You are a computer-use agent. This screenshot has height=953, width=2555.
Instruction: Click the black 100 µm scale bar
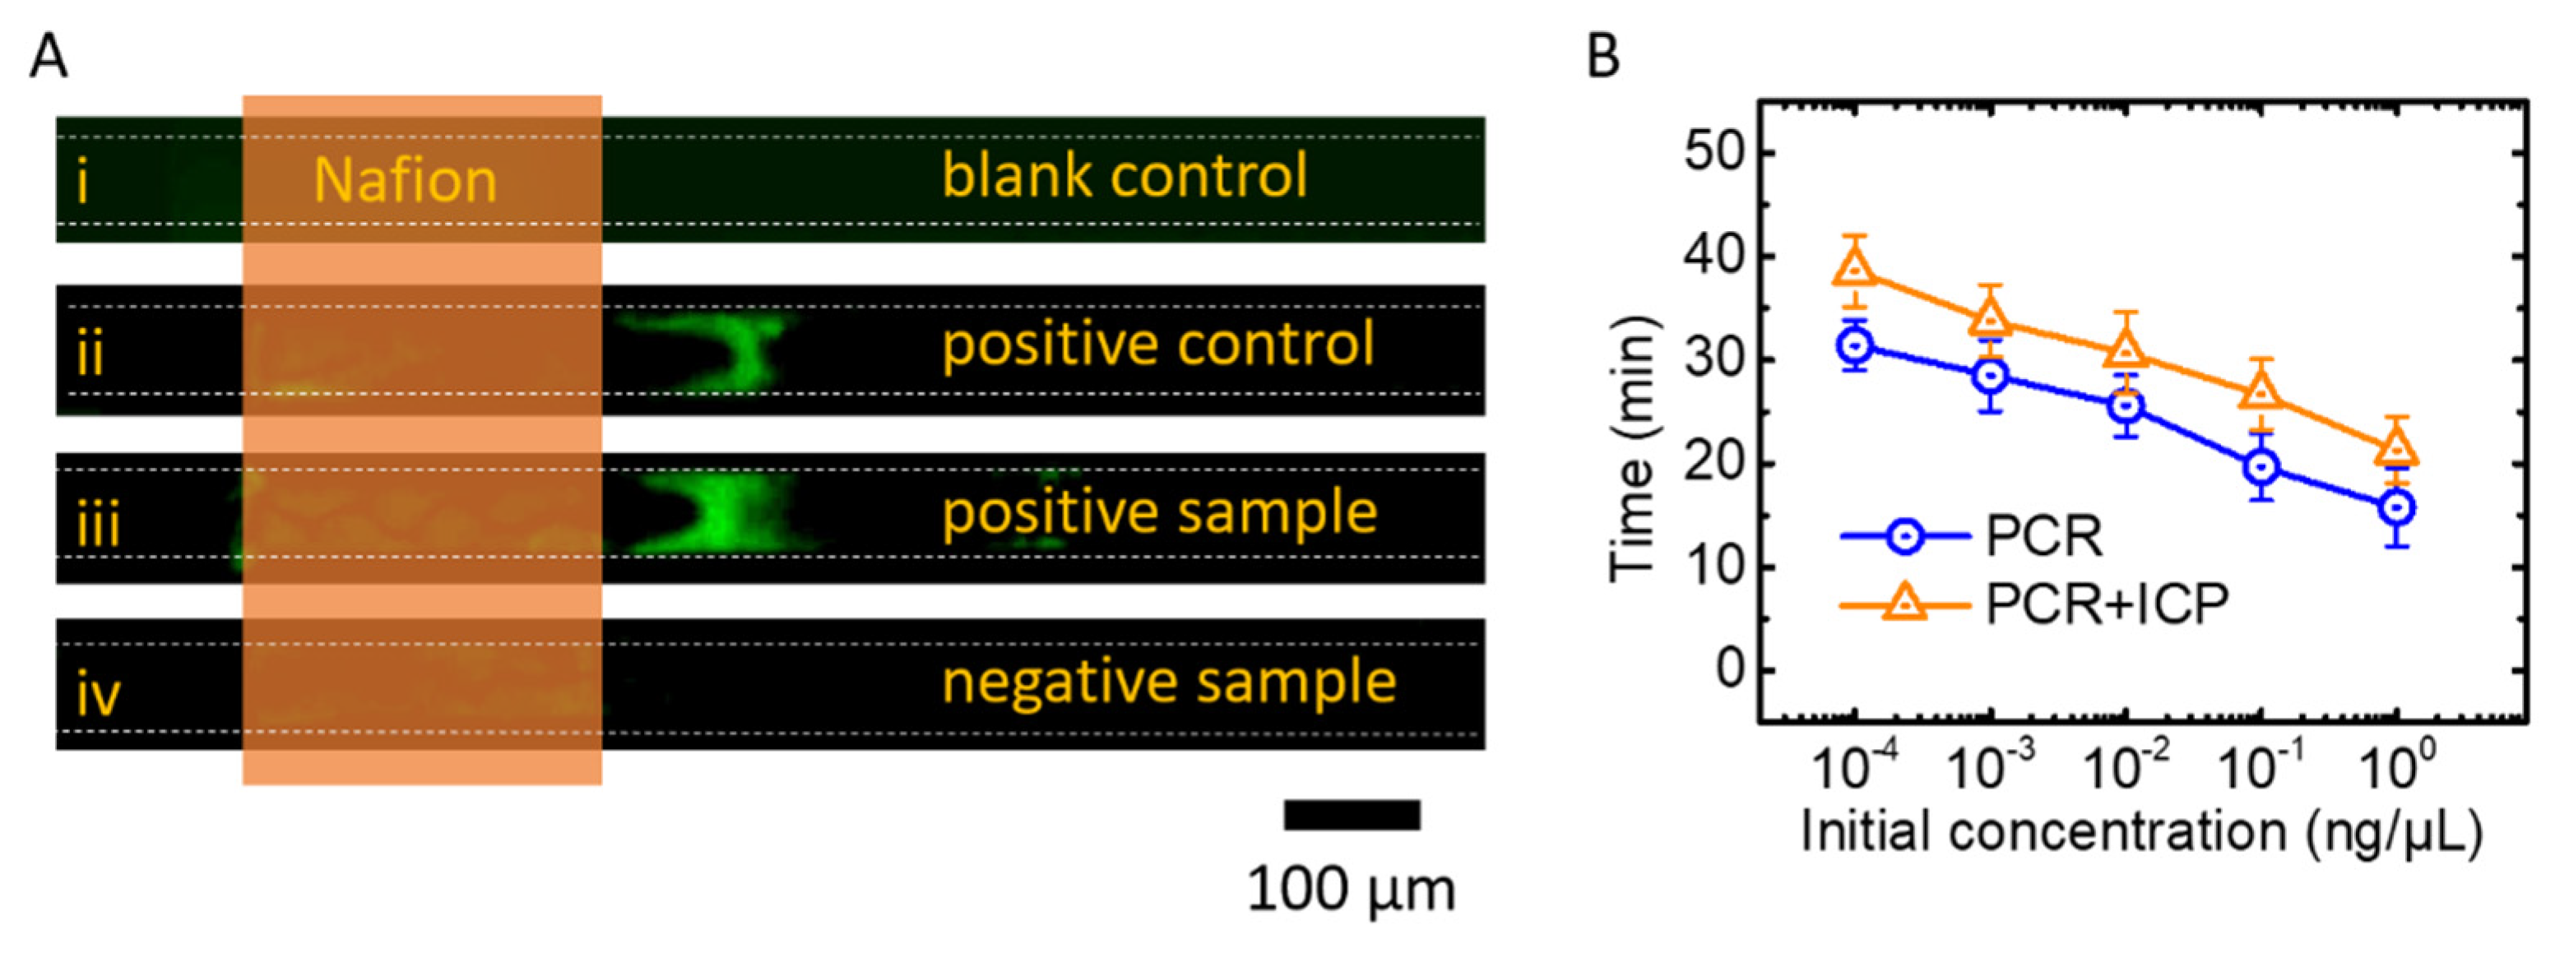pyautogui.click(x=1352, y=815)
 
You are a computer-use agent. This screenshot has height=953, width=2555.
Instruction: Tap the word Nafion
pyautogui.click(x=405, y=182)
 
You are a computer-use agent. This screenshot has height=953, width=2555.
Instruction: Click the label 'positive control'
pyautogui.click(x=1157, y=345)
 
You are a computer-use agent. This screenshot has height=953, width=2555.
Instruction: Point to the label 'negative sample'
pyautogui.click(x=1168, y=682)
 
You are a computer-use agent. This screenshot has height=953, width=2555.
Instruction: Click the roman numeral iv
pyautogui.click(x=98, y=694)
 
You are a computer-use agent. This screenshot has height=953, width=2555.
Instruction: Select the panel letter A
pyautogui.click(x=49, y=57)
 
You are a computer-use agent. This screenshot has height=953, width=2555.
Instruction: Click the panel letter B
pyautogui.click(x=1602, y=57)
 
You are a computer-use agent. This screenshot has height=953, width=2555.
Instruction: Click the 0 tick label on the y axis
pyautogui.click(x=1732, y=670)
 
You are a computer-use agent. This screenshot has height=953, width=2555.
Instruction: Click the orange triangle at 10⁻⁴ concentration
pyautogui.click(x=1856, y=269)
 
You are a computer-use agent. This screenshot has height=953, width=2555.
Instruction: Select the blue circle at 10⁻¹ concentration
pyautogui.click(x=2261, y=466)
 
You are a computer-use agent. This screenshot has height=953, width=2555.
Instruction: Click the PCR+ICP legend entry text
pyautogui.click(x=2107, y=603)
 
